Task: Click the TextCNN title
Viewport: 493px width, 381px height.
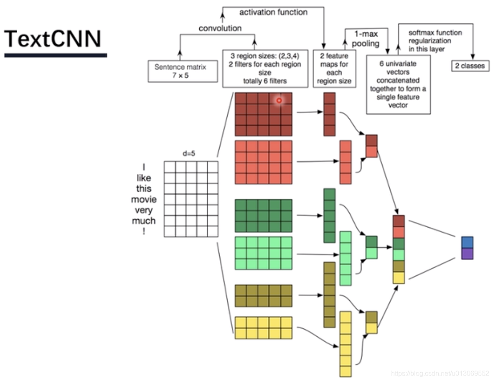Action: [53, 39]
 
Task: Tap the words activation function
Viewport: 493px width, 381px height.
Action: [273, 13]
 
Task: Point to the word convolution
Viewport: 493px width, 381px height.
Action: [220, 28]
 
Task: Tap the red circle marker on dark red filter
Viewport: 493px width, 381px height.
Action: [279, 100]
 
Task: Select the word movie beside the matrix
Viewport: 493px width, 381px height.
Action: [144, 199]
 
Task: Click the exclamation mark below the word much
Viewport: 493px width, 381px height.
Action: [144, 231]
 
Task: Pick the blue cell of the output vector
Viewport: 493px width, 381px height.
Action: [467, 242]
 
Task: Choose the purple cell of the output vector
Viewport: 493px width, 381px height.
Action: [467, 254]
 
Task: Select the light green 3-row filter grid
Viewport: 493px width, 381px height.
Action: [263, 253]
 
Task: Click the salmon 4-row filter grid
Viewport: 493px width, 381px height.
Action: [263, 162]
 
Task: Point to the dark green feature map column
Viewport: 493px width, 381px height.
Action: [329, 216]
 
